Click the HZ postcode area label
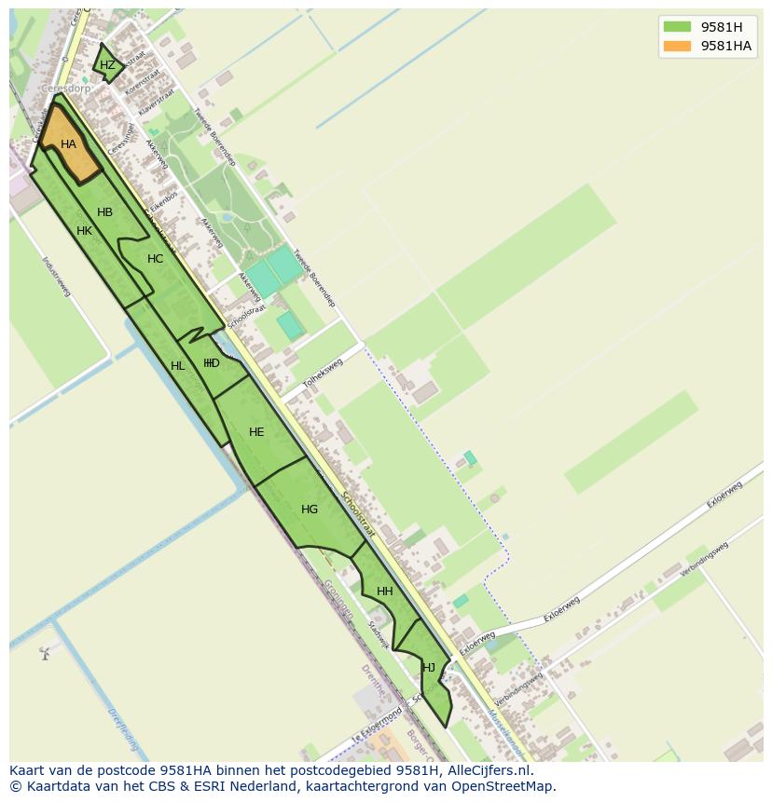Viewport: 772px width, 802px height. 107,65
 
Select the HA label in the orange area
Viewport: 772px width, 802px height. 68,144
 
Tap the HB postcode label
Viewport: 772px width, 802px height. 104,212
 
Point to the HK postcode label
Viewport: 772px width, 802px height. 84,231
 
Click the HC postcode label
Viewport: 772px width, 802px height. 155,259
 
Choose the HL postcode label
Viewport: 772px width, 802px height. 177,366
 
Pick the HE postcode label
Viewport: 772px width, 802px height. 256,432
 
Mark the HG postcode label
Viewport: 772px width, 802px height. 310,510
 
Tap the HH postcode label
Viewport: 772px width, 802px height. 384,591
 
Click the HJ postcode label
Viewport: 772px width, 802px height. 429,668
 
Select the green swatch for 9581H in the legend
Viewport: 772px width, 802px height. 677,27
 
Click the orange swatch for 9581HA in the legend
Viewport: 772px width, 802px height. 677,46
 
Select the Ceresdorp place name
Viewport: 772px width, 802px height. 66,89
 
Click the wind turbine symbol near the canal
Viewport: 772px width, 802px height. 44,653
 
